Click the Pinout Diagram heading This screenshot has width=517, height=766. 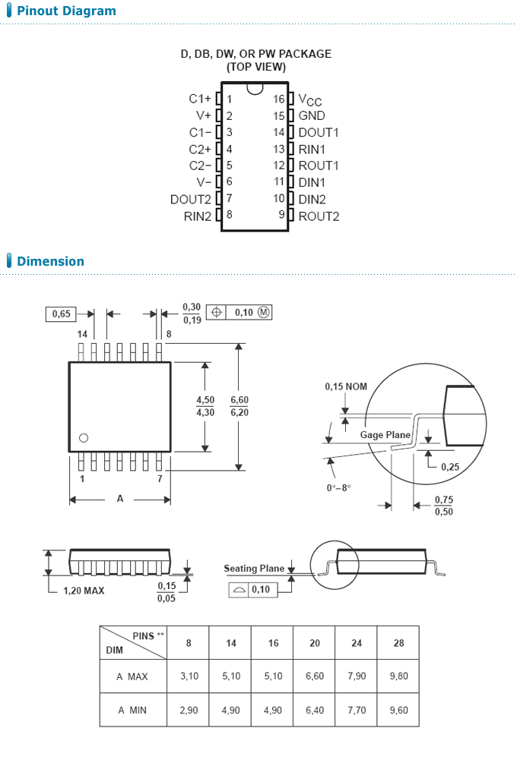(x=66, y=11)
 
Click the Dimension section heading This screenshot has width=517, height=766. (x=50, y=261)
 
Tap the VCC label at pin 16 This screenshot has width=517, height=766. (x=309, y=100)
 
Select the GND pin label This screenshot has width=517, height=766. (x=312, y=116)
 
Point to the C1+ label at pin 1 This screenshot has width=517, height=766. (x=200, y=99)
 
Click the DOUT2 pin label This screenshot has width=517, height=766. (x=190, y=200)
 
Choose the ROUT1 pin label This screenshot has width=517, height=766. (x=319, y=165)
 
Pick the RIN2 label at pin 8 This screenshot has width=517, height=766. (x=197, y=216)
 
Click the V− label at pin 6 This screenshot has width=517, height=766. (x=204, y=183)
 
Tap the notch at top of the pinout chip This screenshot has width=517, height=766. (x=255, y=89)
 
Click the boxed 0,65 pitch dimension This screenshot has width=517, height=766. (x=62, y=314)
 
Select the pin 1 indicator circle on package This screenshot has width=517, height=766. (x=84, y=437)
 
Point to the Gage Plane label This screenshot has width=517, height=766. (x=385, y=435)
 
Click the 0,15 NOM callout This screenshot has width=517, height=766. (x=346, y=386)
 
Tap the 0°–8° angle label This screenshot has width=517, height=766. (x=339, y=487)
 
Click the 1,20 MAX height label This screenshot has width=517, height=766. (x=84, y=591)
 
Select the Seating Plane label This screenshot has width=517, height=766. (x=254, y=568)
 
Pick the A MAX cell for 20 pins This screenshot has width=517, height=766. (x=315, y=676)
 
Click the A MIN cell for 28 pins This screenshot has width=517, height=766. (x=398, y=710)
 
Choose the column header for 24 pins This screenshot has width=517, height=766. (x=357, y=643)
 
